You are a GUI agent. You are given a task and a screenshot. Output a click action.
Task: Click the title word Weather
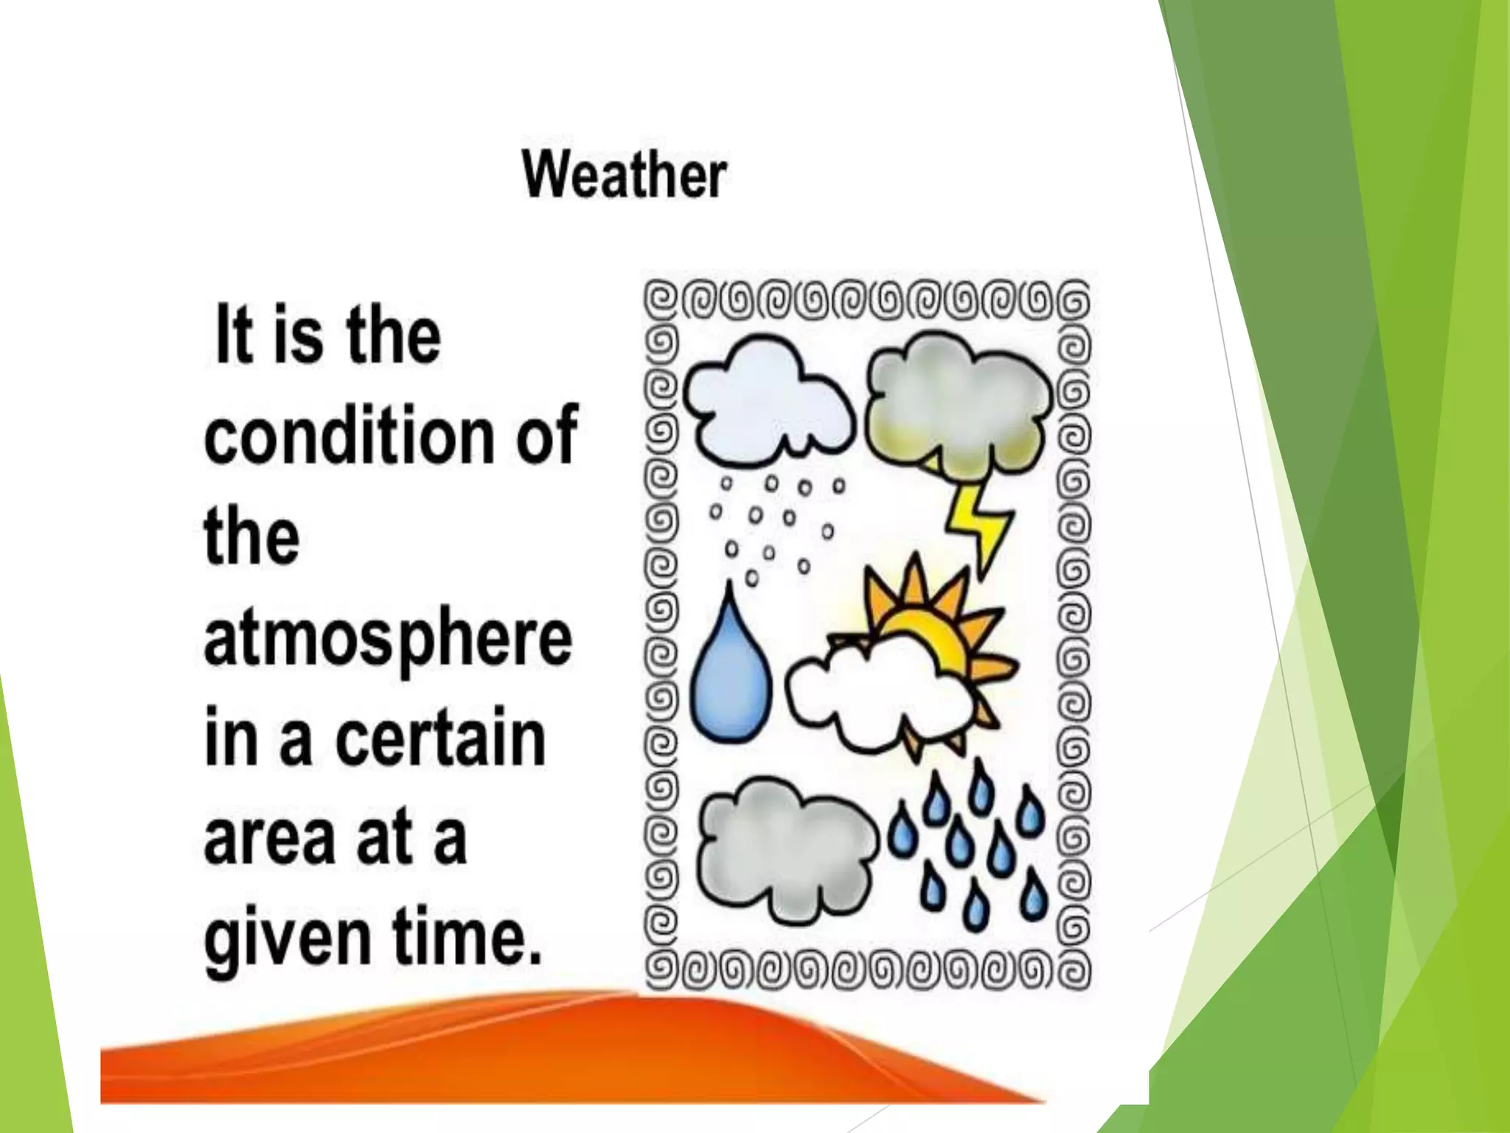[624, 176]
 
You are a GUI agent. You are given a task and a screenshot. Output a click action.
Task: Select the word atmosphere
[388, 639]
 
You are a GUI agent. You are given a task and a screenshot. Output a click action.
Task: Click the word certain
[441, 738]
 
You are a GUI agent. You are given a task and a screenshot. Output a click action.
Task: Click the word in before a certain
[229, 738]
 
